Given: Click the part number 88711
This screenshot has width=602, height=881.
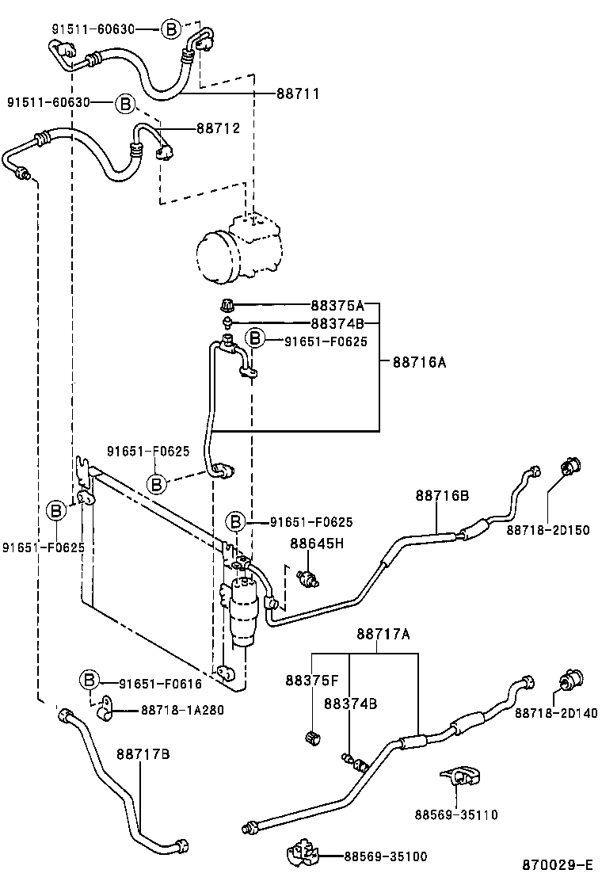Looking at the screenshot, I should [x=297, y=93].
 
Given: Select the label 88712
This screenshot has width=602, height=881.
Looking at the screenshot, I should [x=218, y=128].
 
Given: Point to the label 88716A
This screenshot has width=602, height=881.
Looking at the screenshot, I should [x=419, y=362].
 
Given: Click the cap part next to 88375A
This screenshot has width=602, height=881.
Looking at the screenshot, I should [x=227, y=305].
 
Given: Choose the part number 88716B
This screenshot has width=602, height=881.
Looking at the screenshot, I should [x=442, y=496].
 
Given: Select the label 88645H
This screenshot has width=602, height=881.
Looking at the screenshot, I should [x=317, y=543].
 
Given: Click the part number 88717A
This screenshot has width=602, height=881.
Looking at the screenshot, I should [x=383, y=634].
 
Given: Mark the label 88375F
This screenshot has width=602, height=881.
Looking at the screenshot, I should [x=312, y=681].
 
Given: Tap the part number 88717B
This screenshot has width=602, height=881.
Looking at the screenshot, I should [x=143, y=753].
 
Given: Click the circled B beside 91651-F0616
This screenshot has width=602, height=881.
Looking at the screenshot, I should [x=90, y=680].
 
